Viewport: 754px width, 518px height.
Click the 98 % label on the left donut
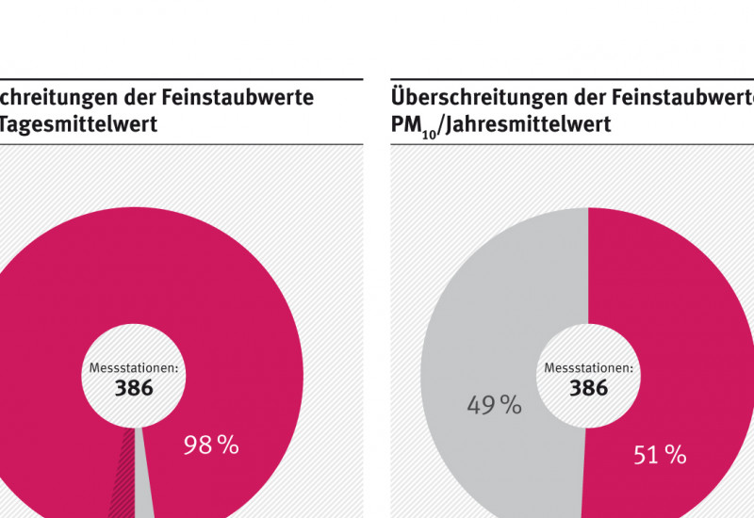click(211, 445)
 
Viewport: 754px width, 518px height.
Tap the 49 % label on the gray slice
click(494, 405)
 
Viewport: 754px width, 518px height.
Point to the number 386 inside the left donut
click(134, 387)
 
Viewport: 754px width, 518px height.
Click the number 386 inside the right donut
click(588, 387)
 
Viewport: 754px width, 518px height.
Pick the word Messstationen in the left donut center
click(133, 368)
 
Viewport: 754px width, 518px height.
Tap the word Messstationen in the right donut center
click(588, 368)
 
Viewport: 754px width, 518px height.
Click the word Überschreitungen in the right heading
click(471, 97)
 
